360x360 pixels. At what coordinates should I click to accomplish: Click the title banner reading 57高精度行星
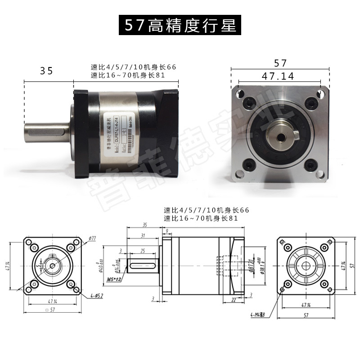(180, 25)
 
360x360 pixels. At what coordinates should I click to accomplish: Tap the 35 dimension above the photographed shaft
(46, 71)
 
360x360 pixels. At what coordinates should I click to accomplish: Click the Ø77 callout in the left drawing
(93, 238)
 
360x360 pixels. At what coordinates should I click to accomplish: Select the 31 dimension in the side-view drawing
(143, 236)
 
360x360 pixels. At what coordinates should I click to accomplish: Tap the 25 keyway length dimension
(143, 250)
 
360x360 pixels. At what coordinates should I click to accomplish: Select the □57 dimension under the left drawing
(54, 310)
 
